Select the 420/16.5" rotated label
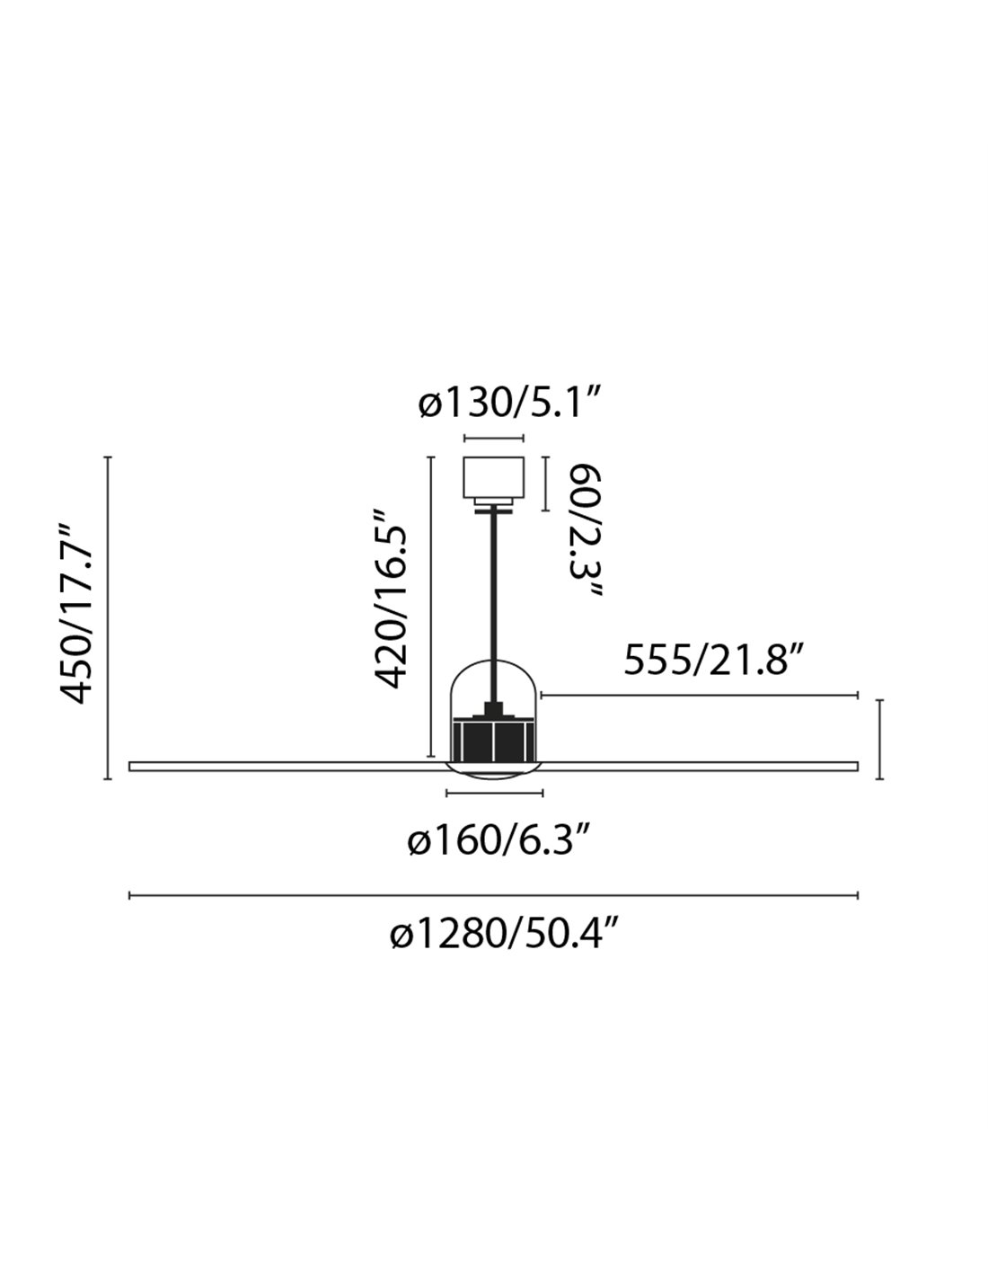[391, 599]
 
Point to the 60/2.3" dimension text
[586, 532]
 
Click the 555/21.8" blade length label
[712, 661]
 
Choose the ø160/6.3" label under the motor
[498, 841]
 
